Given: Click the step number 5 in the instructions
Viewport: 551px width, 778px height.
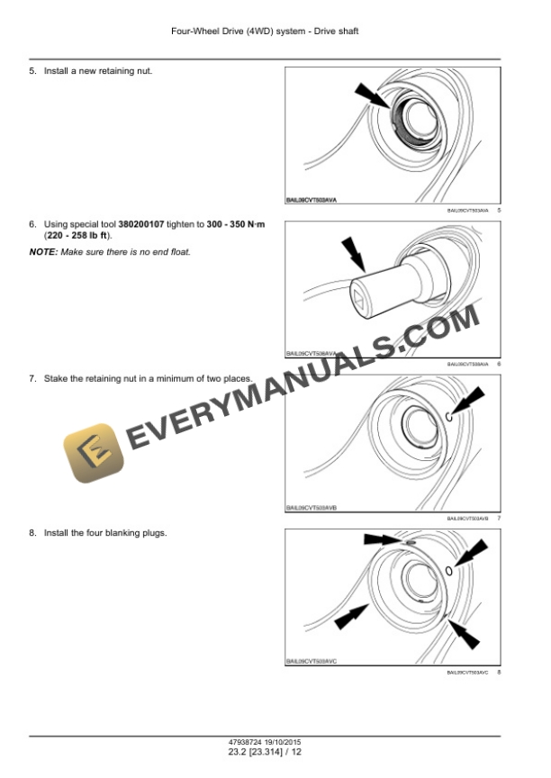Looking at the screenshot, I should pos(32,70).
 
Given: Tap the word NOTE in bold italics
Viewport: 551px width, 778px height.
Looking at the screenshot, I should pos(42,251).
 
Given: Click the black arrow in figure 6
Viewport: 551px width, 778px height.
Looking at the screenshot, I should pos(353,253).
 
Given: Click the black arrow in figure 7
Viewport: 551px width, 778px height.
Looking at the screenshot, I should pos(472,399).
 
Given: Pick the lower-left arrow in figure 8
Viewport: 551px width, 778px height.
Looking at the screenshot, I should pos(353,617).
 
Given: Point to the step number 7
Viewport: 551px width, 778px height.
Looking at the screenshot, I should pos(32,378).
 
